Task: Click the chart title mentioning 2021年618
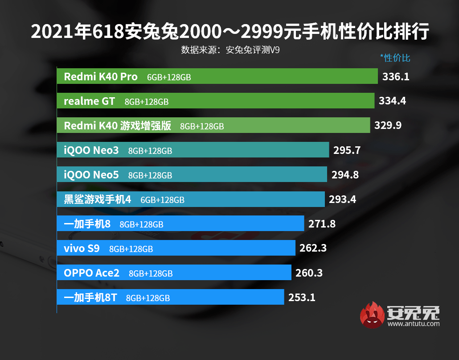[x=229, y=32]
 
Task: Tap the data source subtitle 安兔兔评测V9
[x=230, y=50]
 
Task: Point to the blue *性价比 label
[x=395, y=58]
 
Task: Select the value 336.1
[x=396, y=77]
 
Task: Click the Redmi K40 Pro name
[x=101, y=77]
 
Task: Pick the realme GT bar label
[x=89, y=101]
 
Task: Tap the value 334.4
[x=392, y=101]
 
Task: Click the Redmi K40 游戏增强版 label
[x=118, y=126]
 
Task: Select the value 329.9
[x=388, y=126]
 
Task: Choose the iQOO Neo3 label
[x=91, y=150]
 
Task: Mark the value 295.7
[x=347, y=150]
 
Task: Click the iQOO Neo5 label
[x=91, y=175]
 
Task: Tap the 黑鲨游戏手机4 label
[x=98, y=199]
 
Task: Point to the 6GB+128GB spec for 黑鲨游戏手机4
[x=162, y=200]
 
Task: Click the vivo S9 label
[x=82, y=248]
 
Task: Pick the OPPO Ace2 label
[x=92, y=273]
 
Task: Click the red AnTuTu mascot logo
[x=373, y=315]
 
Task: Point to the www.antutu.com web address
[x=414, y=324]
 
